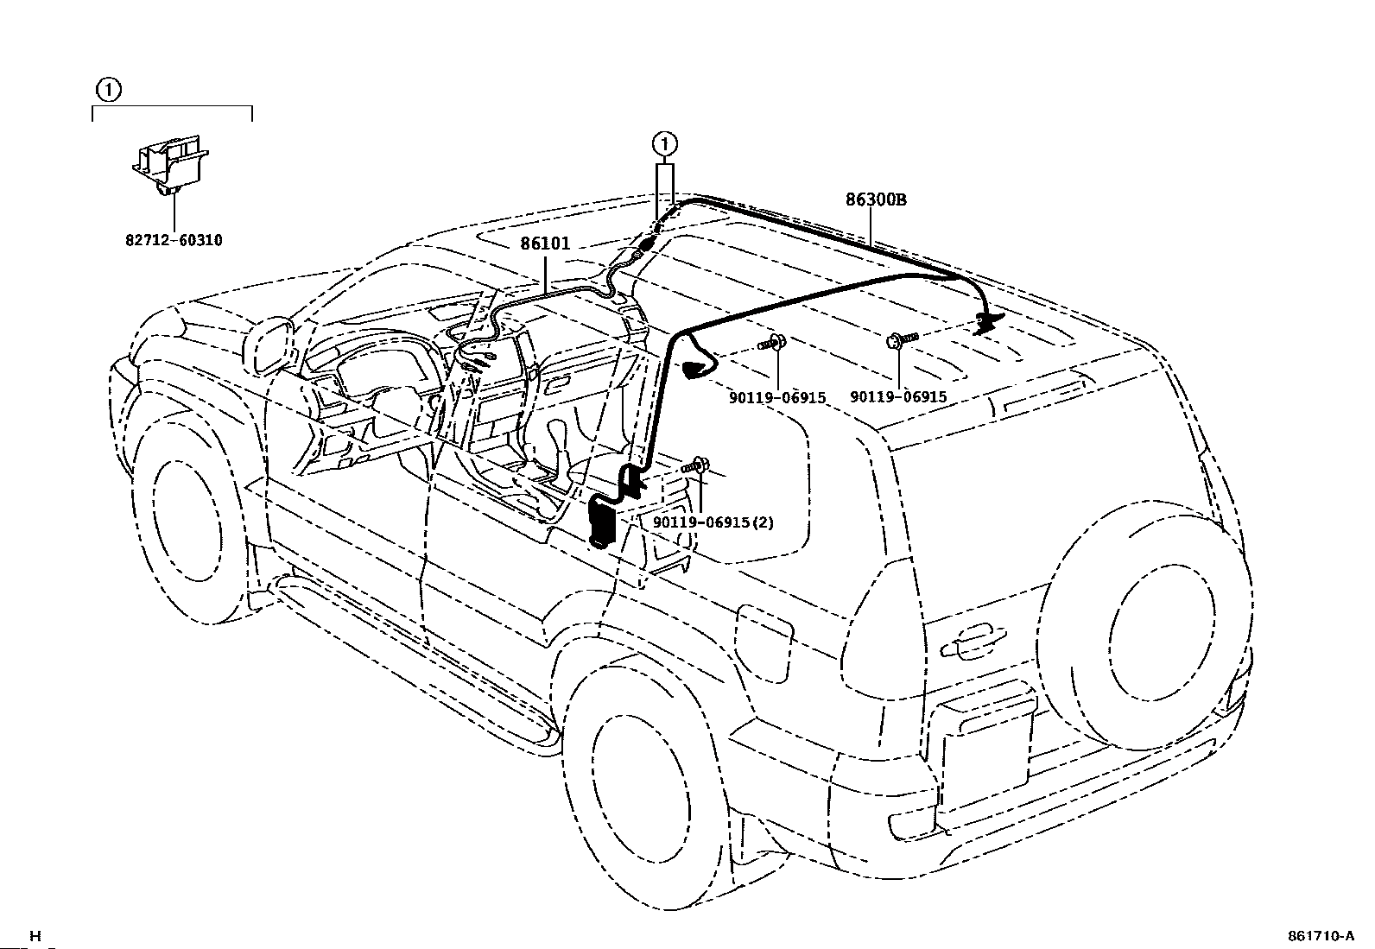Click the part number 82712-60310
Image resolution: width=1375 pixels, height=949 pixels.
click(x=174, y=240)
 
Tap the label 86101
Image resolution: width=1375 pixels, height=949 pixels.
click(x=545, y=244)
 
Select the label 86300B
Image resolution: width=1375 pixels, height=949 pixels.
click(x=876, y=199)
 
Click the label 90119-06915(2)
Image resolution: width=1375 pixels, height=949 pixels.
click(x=713, y=522)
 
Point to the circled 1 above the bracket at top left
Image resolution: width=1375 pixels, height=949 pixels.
click(x=108, y=90)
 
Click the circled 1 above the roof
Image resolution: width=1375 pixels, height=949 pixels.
click(x=665, y=144)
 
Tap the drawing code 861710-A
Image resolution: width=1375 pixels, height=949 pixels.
click(x=1321, y=935)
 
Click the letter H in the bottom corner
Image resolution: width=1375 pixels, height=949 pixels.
click(x=35, y=936)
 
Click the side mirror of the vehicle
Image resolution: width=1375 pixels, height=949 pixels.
click(x=269, y=345)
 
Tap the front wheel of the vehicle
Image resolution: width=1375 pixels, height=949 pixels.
click(x=187, y=519)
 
